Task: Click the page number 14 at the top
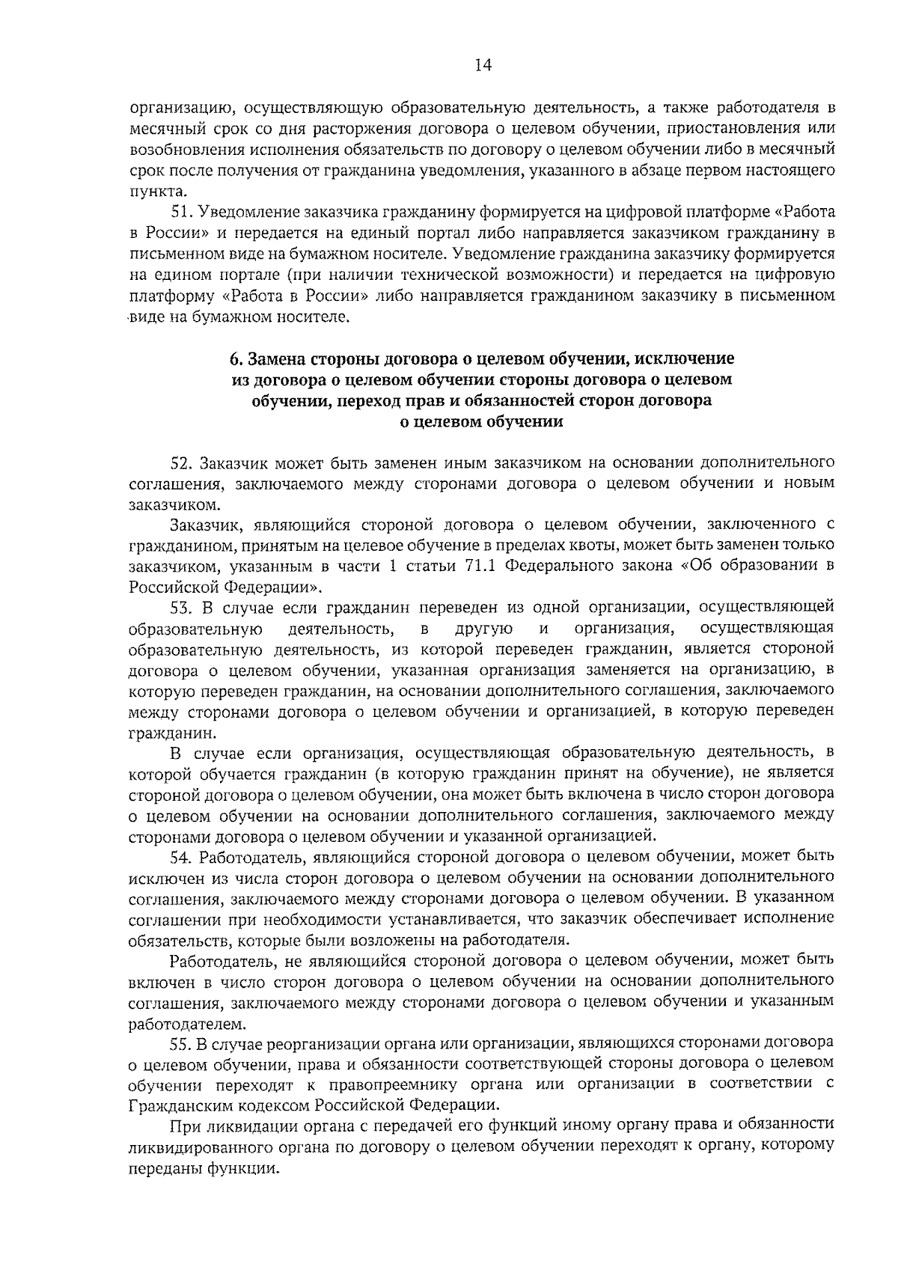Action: coord(483,66)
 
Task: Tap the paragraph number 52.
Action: coord(183,462)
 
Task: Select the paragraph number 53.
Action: coord(183,605)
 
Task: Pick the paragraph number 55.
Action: coord(183,1042)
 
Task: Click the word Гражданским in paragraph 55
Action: coord(171,1104)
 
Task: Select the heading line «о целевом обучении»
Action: coord(483,421)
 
